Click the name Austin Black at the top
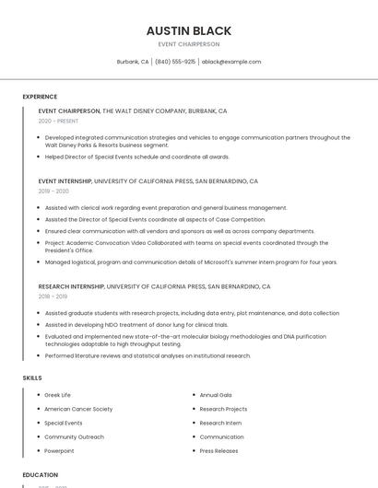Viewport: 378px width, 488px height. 188,30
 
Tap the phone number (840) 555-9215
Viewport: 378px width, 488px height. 175,62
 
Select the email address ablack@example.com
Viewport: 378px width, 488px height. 231,62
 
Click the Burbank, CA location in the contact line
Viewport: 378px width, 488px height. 133,62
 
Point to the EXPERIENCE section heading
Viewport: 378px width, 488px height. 40,97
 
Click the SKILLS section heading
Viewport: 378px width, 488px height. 31,378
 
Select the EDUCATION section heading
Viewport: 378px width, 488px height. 40,475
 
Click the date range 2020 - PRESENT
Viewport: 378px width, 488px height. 58,121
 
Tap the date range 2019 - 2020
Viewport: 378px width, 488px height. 53,192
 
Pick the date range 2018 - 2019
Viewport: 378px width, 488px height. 53,296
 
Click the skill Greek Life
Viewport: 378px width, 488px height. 57,395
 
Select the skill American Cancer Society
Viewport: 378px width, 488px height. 78,409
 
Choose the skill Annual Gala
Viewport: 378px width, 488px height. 215,395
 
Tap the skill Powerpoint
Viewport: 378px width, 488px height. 59,451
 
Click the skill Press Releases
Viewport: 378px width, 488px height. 219,451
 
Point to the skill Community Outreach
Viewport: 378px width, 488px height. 74,436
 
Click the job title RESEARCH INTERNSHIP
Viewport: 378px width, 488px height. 72,286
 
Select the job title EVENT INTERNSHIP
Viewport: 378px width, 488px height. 65,181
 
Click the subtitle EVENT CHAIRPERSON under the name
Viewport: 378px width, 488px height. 188,44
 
